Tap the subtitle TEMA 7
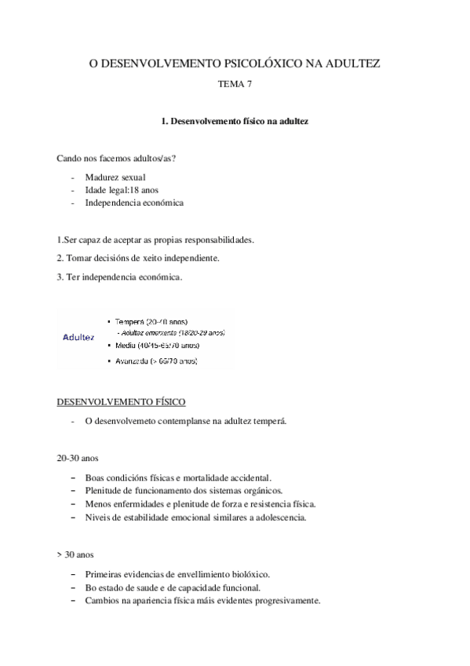(235, 84)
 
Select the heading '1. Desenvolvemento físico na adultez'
(235, 123)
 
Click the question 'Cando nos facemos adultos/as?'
(116, 159)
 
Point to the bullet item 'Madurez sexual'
(115, 177)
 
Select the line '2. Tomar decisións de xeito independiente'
(138, 258)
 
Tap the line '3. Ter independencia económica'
(119, 276)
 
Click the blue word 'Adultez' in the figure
(78, 338)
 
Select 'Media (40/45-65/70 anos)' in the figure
(157, 345)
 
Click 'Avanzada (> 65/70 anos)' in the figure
(155, 360)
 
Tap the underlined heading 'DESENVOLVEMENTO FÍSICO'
(121, 402)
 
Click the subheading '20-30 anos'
(77, 458)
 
